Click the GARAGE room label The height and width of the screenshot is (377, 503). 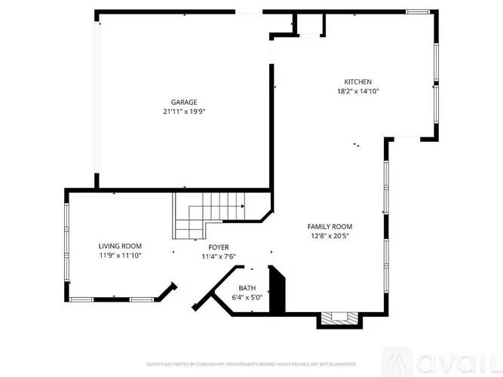pyautogui.click(x=184, y=102)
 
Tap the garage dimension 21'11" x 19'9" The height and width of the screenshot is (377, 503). pyautogui.click(x=184, y=112)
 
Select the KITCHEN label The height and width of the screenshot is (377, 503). pyautogui.click(x=358, y=82)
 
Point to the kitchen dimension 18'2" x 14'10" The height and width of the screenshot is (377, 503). pyautogui.click(x=358, y=91)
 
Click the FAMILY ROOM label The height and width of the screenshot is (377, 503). pyautogui.click(x=330, y=226)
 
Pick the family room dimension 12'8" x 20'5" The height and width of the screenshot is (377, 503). pyautogui.click(x=330, y=236)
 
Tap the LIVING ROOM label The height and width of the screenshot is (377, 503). pyautogui.click(x=120, y=246)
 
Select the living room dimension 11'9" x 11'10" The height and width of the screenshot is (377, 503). pyautogui.click(x=120, y=256)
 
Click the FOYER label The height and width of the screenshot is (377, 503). pyautogui.click(x=219, y=247)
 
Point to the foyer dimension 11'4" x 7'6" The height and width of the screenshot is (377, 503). pyautogui.click(x=219, y=256)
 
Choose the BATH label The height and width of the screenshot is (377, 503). pyautogui.click(x=247, y=288)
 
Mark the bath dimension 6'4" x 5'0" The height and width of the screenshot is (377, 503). pyautogui.click(x=247, y=298)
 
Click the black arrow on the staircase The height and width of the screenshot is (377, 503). pyautogui.click(x=242, y=206)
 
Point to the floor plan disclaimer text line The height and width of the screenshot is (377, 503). pyautogui.click(x=251, y=363)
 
